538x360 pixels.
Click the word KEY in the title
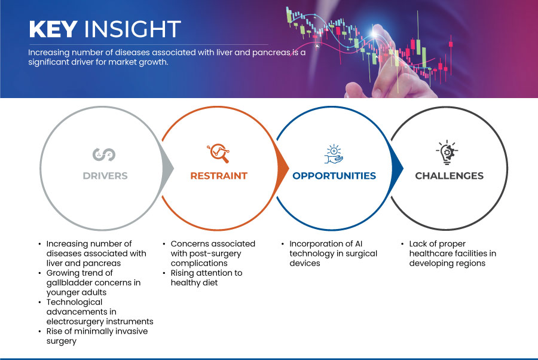53,29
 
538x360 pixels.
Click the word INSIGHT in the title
133,29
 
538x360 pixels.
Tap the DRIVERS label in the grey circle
105,176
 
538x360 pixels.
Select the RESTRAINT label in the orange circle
219,176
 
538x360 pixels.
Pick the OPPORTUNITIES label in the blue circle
334,176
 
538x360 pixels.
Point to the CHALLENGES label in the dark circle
449,176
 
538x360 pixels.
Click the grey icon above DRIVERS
104,154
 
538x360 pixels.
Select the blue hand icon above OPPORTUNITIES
334,154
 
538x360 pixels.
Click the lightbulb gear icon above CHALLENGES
447,152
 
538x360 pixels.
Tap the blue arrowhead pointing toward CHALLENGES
397,168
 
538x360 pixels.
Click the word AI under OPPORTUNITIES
358,243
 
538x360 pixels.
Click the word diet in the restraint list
210,282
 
